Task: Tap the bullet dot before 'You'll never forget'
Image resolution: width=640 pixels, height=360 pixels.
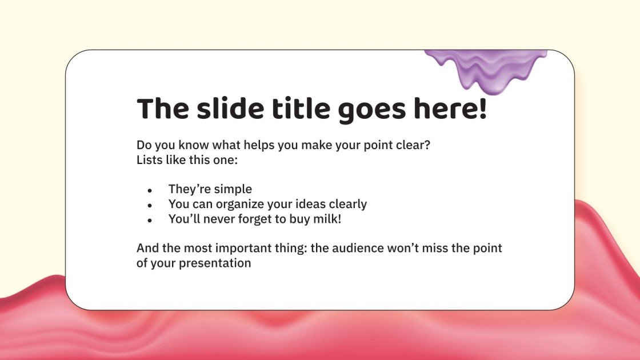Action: click(150, 220)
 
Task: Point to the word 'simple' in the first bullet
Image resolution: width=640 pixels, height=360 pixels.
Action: click(233, 189)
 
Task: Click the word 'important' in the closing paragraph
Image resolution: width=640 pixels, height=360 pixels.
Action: click(245, 249)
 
